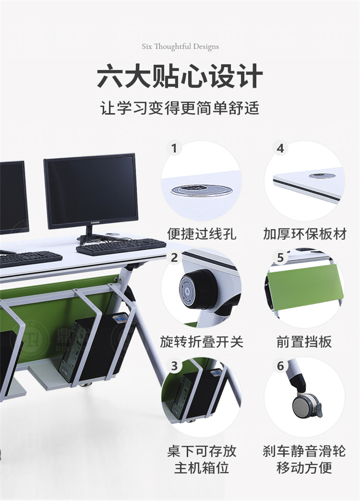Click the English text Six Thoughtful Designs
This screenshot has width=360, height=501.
(180, 46)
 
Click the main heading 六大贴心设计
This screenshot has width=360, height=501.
(180, 77)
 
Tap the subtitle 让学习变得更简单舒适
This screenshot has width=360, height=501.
(180, 109)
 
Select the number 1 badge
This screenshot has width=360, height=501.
(174, 149)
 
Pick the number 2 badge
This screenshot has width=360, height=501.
(174, 258)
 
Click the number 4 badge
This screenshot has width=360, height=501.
(280, 149)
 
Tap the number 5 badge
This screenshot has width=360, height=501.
(280, 258)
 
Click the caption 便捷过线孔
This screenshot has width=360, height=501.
(201, 233)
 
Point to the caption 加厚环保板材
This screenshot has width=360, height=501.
(305, 233)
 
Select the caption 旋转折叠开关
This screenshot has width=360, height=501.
(201, 342)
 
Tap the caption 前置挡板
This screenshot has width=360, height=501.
(304, 342)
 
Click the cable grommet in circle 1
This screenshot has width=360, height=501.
(201, 190)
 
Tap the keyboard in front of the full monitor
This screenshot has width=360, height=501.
(121, 246)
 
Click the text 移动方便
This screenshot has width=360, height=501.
(304, 468)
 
